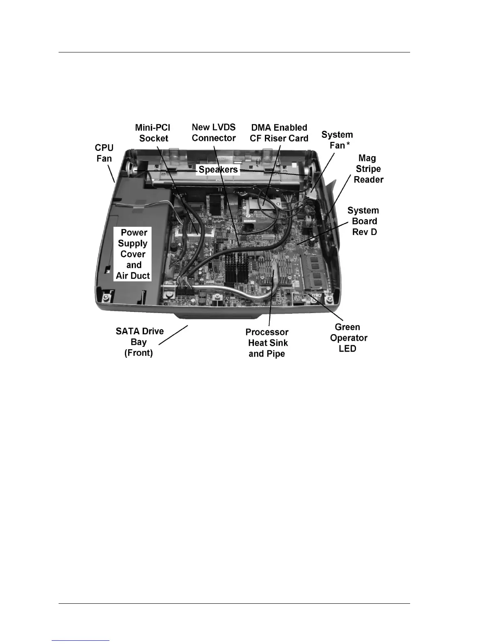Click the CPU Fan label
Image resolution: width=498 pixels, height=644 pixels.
click(104, 153)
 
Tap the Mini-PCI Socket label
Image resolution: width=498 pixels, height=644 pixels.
click(153, 133)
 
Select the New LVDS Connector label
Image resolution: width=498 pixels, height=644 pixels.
click(214, 133)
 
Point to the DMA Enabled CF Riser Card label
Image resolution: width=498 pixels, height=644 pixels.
click(279, 133)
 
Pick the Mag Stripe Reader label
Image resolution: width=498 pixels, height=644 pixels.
click(368, 169)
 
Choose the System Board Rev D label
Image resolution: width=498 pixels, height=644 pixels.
click(363, 221)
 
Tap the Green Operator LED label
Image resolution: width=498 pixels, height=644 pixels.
click(348, 338)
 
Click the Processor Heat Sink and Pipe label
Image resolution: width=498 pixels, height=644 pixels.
click(267, 343)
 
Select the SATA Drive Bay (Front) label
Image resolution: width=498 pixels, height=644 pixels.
click(139, 342)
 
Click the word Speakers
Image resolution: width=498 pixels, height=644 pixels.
click(218, 170)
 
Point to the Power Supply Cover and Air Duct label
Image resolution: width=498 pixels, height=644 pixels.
click(133, 254)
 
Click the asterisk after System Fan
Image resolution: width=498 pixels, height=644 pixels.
click(348, 145)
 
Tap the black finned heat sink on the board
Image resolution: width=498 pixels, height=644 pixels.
click(236, 268)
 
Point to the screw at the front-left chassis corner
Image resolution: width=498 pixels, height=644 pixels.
click(105, 298)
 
